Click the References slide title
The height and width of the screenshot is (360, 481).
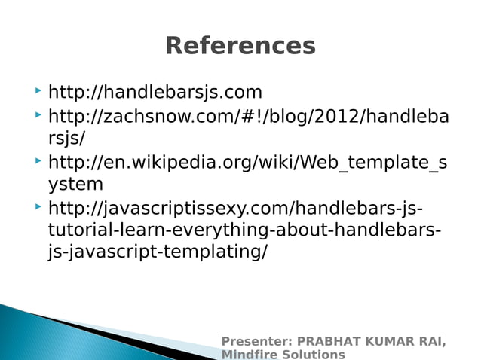tap(240, 46)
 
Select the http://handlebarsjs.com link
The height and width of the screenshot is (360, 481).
tap(155, 93)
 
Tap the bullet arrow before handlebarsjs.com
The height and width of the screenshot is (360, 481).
tap(38, 92)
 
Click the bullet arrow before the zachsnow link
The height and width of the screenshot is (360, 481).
tap(38, 116)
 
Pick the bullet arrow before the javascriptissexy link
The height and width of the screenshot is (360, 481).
tap(38, 206)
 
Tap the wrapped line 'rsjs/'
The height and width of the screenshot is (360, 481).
tap(66, 139)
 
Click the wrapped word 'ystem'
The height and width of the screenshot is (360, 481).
tap(75, 185)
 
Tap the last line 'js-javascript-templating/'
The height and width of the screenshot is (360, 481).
tap(157, 252)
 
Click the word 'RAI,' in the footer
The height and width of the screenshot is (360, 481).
tap(430, 342)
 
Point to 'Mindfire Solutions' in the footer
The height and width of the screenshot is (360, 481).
tap(283, 354)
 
